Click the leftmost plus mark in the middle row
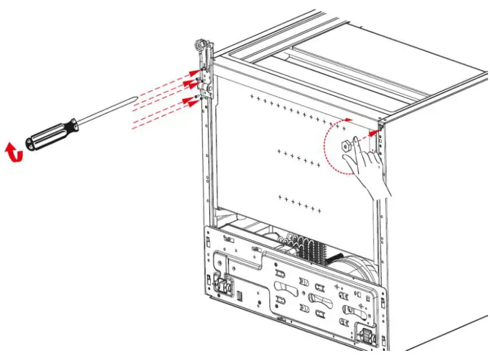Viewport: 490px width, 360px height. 279,151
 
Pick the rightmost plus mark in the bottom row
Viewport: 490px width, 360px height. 320,210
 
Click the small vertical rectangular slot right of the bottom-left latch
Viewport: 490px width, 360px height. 239,297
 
